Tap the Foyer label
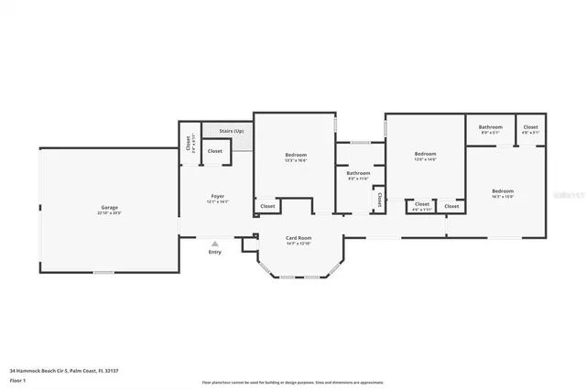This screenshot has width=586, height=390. tap(218, 196)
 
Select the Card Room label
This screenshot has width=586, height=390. tap(298, 238)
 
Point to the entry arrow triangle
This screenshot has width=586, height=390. tap(214, 244)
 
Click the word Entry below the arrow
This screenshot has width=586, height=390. tap(214, 253)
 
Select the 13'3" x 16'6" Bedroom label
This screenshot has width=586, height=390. tap(295, 155)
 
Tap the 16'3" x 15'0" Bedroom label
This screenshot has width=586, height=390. tap(502, 190)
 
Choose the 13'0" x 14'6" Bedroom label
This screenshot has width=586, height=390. tap(425, 154)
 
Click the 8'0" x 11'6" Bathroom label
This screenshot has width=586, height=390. tap(358, 173)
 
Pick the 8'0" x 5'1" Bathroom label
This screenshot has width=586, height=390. tap(491, 127)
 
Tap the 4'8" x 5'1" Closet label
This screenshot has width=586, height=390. tap(530, 127)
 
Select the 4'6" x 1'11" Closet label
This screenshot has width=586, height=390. tap(421, 206)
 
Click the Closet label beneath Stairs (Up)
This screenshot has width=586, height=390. tap(214, 151)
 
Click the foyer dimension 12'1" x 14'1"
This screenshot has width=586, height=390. tap(218, 201)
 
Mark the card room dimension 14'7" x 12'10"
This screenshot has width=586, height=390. tap(298, 244)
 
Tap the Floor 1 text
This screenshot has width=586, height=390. tap(17, 378)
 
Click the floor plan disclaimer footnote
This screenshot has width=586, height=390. tap(292, 382)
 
